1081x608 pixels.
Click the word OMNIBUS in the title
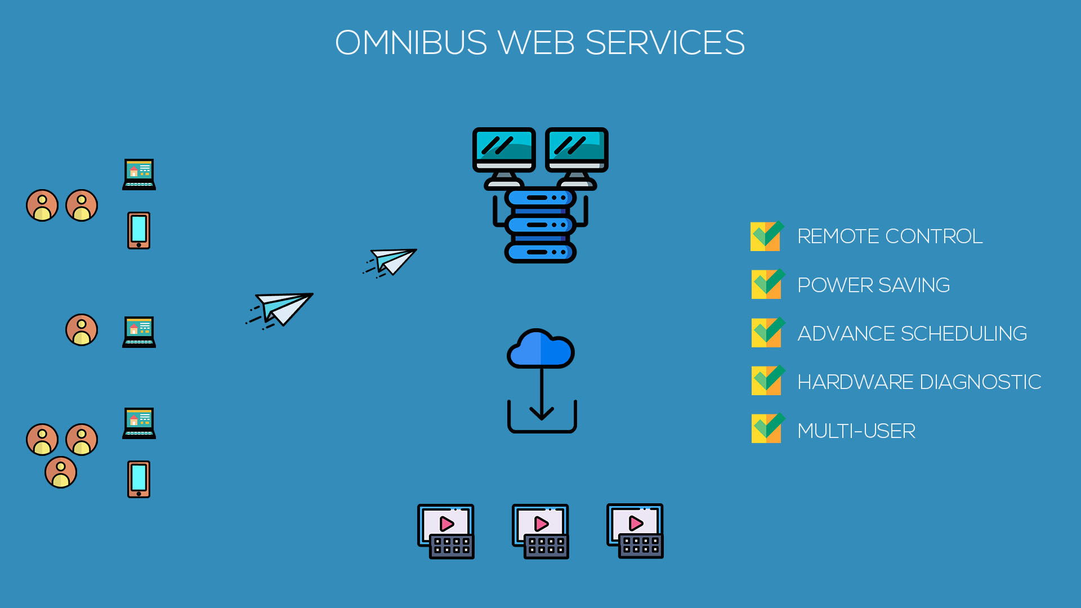tap(411, 43)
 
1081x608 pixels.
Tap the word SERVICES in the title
tap(665, 43)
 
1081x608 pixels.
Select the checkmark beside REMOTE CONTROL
tap(766, 236)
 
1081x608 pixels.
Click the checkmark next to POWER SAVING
tap(766, 284)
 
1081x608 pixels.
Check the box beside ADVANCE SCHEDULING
tap(766, 333)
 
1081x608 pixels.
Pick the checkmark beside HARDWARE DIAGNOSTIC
tap(766, 381)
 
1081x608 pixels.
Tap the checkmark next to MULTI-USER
tap(766, 429)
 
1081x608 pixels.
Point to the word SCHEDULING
tap(964, 334)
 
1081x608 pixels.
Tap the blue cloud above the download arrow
tap(540, 348)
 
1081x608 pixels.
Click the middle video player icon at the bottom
tap(540, 531)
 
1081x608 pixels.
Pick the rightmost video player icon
tap(635, 531)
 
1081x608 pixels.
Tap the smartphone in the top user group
tap(139, 230)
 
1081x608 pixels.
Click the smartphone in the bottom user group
tap(139, 479)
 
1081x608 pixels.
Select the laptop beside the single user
tap(139, 332)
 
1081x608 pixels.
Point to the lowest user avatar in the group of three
tap(61, 472)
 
